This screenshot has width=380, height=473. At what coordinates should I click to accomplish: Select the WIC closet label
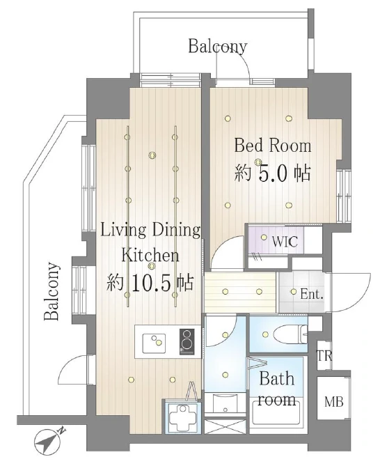284,242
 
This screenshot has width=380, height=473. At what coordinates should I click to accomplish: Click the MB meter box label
334,402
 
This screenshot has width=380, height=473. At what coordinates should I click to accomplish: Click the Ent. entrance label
312,294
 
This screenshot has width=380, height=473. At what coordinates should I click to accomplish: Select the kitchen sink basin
154,343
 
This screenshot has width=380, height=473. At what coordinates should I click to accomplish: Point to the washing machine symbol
182,417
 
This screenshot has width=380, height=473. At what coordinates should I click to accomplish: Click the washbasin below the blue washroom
225,405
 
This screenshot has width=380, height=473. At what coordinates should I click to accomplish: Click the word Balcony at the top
218,47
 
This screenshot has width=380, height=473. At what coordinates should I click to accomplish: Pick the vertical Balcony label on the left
51,292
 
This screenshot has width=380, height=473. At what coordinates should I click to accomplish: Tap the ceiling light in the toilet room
265,334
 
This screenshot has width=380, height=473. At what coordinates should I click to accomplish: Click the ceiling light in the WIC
264,237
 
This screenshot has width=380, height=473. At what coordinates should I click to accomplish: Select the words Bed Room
273,146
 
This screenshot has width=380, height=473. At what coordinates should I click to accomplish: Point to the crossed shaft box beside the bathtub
225,426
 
